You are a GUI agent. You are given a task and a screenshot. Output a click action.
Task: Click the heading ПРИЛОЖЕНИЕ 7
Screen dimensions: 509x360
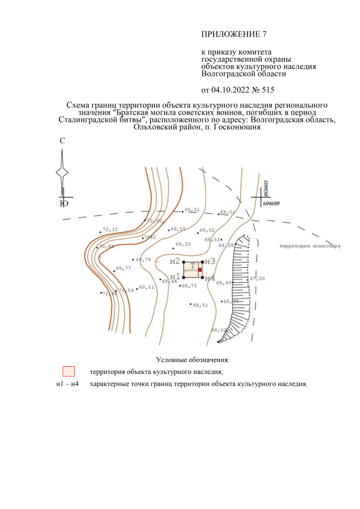coord(234,34)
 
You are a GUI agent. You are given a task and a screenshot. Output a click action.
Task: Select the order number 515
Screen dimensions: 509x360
coord(268,89)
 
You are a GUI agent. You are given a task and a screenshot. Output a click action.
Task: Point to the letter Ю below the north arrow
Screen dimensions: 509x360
coord(64,204)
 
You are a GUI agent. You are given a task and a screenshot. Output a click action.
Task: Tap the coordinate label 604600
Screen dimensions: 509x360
coord(271,205)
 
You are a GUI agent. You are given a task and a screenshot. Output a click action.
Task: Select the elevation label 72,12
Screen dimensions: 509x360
coord(110,229)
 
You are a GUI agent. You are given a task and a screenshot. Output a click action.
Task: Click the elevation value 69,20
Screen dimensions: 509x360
coord(183,244)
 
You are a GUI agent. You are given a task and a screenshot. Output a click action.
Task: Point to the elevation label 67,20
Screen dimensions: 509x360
coord(258,278)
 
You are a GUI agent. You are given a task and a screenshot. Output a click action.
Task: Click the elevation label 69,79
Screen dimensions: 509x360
coord(143,259)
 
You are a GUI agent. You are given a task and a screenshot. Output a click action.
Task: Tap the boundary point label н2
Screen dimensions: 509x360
coord(175,261)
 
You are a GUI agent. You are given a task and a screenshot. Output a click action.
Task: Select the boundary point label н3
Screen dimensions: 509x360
coord(210,261)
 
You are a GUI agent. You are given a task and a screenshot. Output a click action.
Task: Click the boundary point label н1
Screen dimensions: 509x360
coord(175,277)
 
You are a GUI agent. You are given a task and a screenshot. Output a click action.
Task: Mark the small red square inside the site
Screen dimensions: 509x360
coord(200,270)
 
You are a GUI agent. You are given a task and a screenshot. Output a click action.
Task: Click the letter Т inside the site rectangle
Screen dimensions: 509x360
coord(193,265)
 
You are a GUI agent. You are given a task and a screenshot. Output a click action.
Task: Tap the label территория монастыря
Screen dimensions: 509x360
coord(310,246)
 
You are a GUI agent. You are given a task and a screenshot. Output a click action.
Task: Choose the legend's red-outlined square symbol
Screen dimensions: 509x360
coord(69,371)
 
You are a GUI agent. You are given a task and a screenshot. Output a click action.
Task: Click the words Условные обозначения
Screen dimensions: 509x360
coord(193,359)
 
